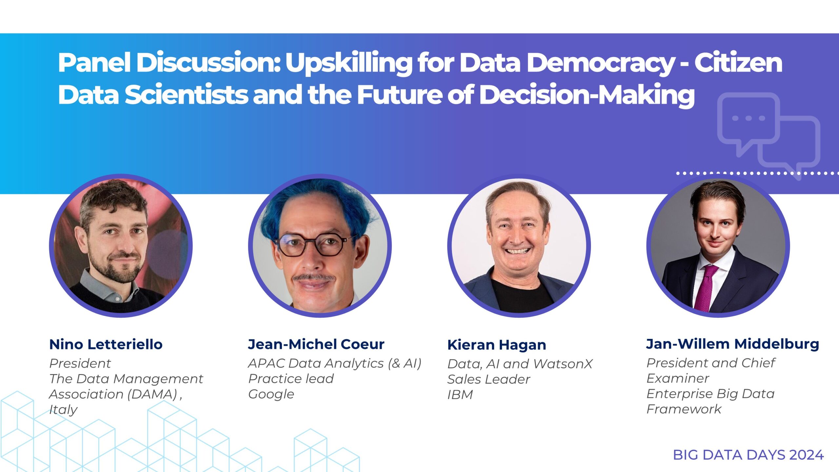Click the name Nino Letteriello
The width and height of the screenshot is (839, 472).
106,344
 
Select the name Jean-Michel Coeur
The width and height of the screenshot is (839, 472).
316,344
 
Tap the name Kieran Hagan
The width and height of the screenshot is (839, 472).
497,345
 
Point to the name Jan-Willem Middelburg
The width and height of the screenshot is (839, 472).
732,344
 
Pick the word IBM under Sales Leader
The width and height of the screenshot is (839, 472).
460,395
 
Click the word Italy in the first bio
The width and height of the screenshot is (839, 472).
63,410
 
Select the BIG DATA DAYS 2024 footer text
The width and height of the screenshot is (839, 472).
748,455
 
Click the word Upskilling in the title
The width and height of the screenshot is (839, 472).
348,64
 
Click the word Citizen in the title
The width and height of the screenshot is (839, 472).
738,62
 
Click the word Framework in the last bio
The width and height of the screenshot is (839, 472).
684,409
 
